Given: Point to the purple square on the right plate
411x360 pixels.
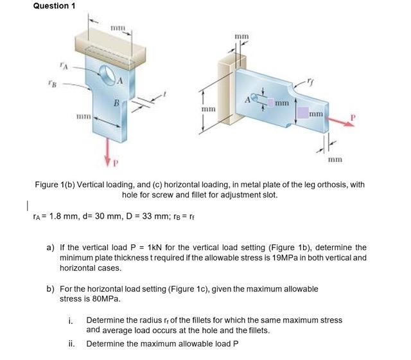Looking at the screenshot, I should pos(302,114).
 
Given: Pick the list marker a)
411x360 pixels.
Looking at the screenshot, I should pos(50,248).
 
